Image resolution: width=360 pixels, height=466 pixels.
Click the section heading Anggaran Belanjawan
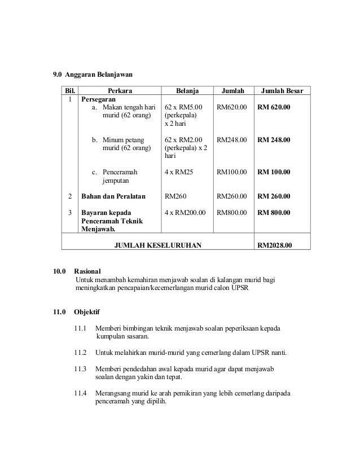[x=99, y=74]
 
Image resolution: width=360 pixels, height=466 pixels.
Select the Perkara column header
[x=120, y=90]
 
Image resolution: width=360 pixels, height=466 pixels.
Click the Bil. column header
[x=70, y=90]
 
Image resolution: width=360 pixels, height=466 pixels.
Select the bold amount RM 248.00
[x=274, y=139]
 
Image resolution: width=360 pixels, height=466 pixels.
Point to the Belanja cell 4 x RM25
[x=178, y=171]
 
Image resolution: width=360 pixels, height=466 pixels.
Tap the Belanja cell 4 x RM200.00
[x=185, y=213]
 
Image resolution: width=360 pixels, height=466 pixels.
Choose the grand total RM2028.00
[x=275, y=245]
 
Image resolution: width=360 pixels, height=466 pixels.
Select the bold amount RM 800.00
[x=274, y=213]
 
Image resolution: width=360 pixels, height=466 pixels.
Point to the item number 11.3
[x=81, y=368]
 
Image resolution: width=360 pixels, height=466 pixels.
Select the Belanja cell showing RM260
[x=175, y=197]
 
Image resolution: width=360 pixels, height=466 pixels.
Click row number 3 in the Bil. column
[x=70, y=213]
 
